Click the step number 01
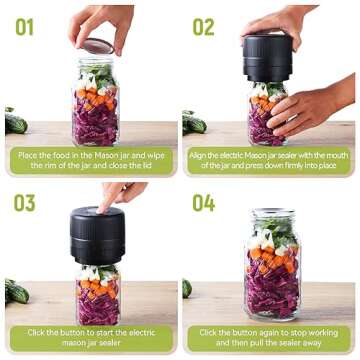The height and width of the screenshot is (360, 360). click(23, 25)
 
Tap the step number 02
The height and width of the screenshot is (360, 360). click(204, 25)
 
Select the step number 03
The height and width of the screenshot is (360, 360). click(24, 203)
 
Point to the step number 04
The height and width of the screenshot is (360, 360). click(204, 203)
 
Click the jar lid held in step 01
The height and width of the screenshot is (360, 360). click(97, 46)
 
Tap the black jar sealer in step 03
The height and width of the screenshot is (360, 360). click(96, 237)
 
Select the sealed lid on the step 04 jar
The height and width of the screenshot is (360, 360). click(273, 215)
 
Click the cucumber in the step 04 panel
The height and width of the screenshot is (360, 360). click(187, 289)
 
